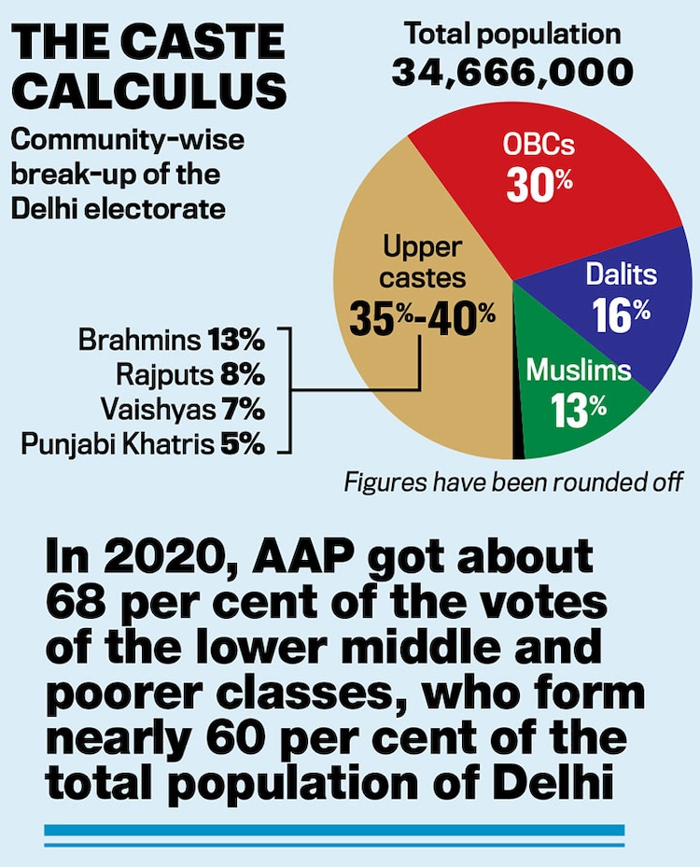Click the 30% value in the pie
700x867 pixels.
pos(539,185)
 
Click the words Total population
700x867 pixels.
pos(511,35)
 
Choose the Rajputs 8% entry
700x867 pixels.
pos(190,375)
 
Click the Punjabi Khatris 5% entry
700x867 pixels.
pos(142,444)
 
